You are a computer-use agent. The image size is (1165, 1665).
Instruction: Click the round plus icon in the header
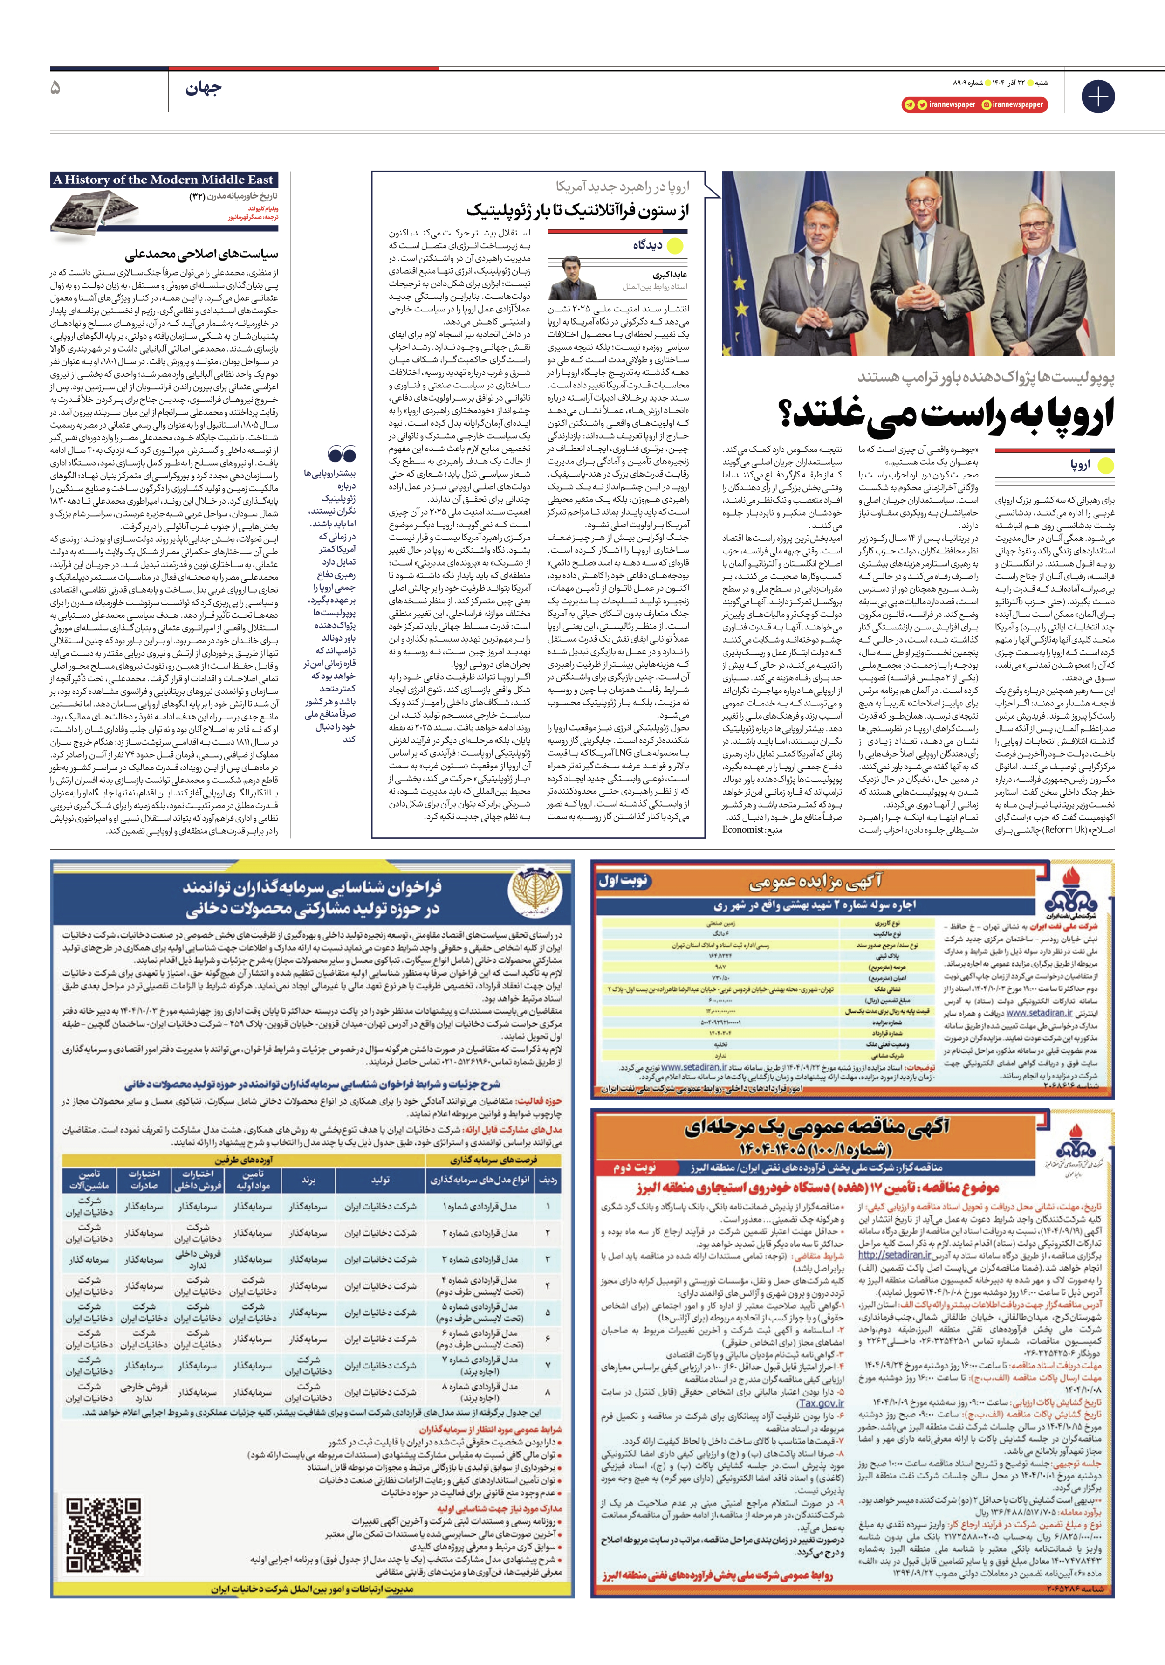[x=1097, y=97]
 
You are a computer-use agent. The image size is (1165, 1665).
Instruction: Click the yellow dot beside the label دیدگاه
[x=675, y=246]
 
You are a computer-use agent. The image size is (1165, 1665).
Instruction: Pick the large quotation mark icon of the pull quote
[x=342, y=455]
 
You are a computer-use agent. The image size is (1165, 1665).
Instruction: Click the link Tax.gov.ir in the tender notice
[x=821, y=1402]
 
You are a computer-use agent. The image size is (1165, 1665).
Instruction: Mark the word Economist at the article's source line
[x=743, y=829]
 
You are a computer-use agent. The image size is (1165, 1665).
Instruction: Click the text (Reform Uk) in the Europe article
[x=1063, y=829]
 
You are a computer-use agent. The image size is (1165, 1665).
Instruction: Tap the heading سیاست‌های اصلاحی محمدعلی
[x=201, y=254]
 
